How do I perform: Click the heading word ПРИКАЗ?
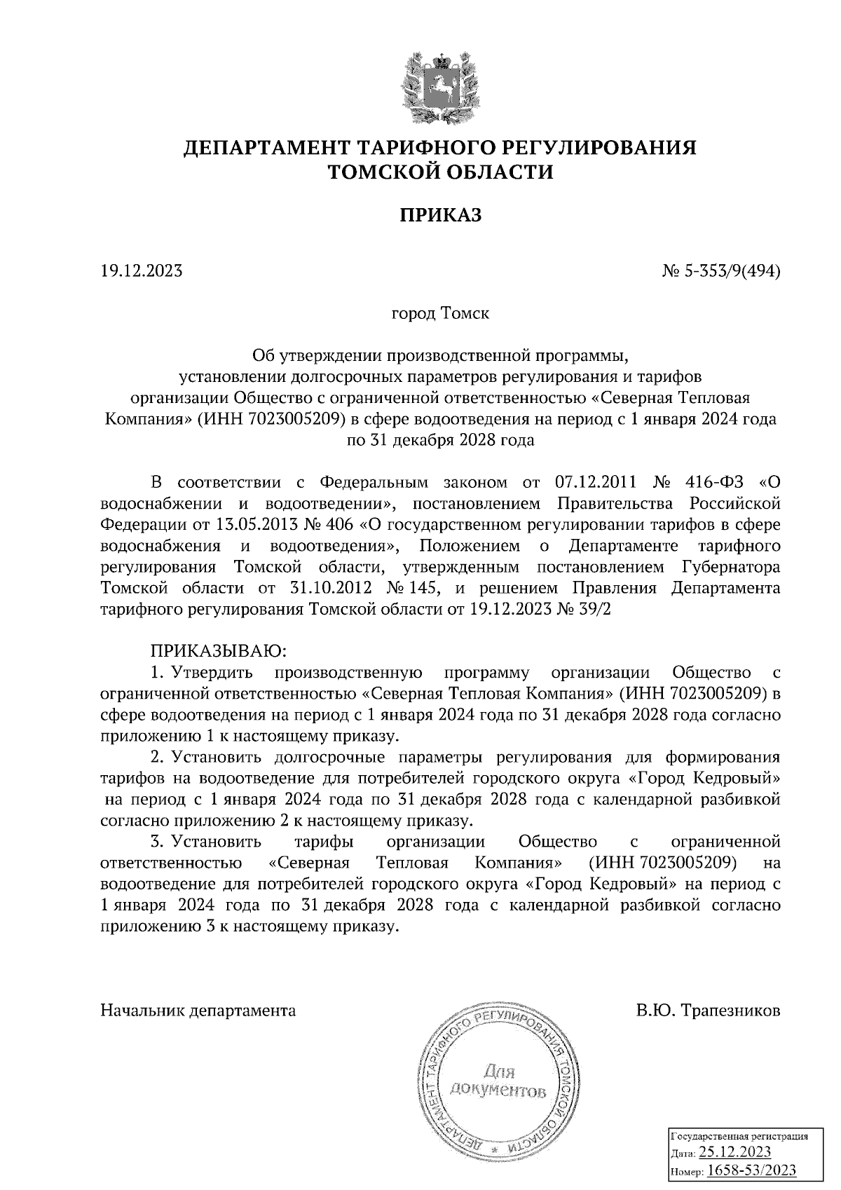coord(441,214)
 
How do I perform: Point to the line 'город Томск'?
coord(440,313)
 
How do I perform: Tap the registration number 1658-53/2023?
coord(751,1170)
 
